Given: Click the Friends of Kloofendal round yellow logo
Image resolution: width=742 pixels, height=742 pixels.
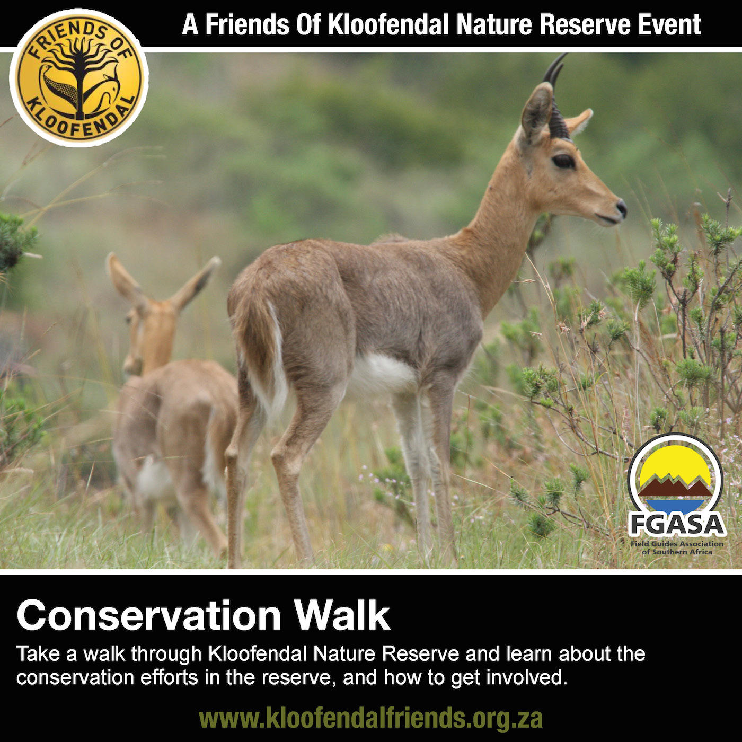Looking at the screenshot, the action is pyautogui.click(x=79, y=78).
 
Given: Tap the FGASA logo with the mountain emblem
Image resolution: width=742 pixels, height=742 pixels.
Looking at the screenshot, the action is pyautogui.click(x=676, y=494).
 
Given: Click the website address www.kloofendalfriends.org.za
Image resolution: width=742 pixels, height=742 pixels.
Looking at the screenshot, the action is pyautogui.click(x=370, y=718).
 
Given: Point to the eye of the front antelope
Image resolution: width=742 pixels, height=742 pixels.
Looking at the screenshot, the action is pyautogui.click(x=563, y=161).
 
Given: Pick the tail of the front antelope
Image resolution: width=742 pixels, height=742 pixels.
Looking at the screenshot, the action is pyautogui.click(x=262, y=347).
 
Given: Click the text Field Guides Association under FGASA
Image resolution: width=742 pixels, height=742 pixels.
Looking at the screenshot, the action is pyautogui.click(x=676, y=544).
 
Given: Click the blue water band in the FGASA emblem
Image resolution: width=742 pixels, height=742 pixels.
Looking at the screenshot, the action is pyautogui.click(x=676, y=505).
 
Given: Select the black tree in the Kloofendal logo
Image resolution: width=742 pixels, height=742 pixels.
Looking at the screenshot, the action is pyautogui.click(x=79, y=73).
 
